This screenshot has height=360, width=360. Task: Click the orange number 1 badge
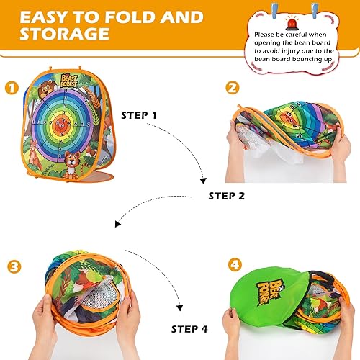click(12, 89)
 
